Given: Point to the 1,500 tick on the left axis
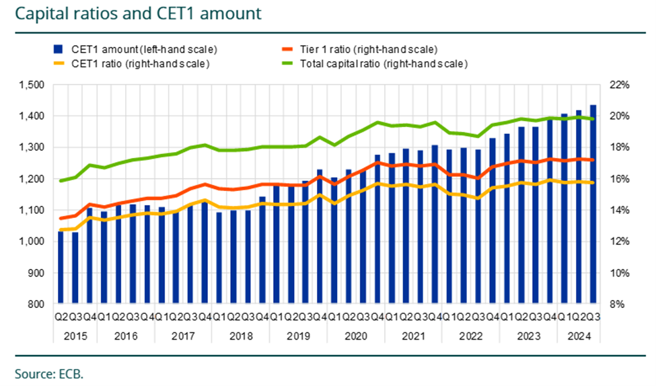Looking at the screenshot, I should point(32,85).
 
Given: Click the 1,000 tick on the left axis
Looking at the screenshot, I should point(32,241).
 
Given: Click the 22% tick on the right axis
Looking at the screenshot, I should point(619,85).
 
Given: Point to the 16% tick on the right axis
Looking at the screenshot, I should point(619,179).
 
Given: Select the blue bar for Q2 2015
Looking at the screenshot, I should point(61,269).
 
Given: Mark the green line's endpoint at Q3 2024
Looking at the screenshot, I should point(593,119).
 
